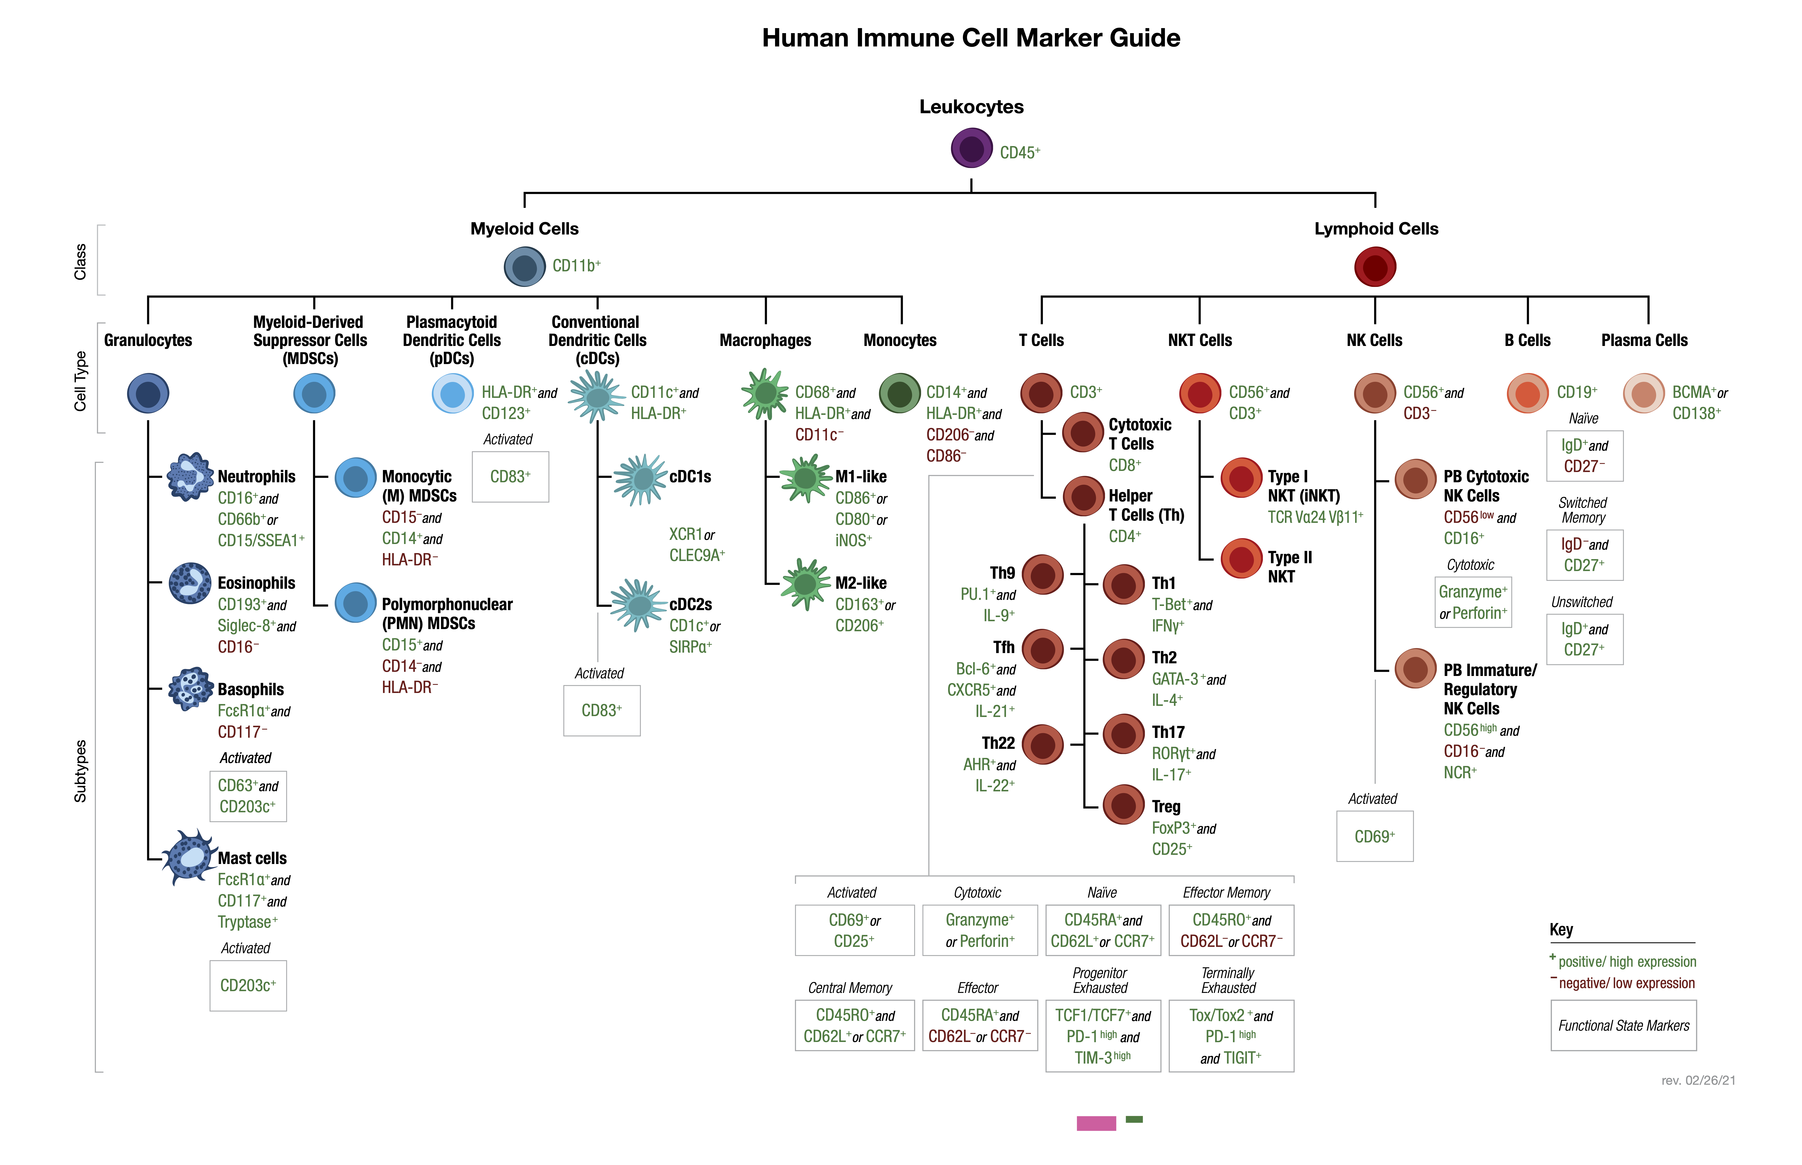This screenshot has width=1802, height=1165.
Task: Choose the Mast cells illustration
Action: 190,857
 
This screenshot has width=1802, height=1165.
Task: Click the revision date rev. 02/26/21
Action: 1698,1080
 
